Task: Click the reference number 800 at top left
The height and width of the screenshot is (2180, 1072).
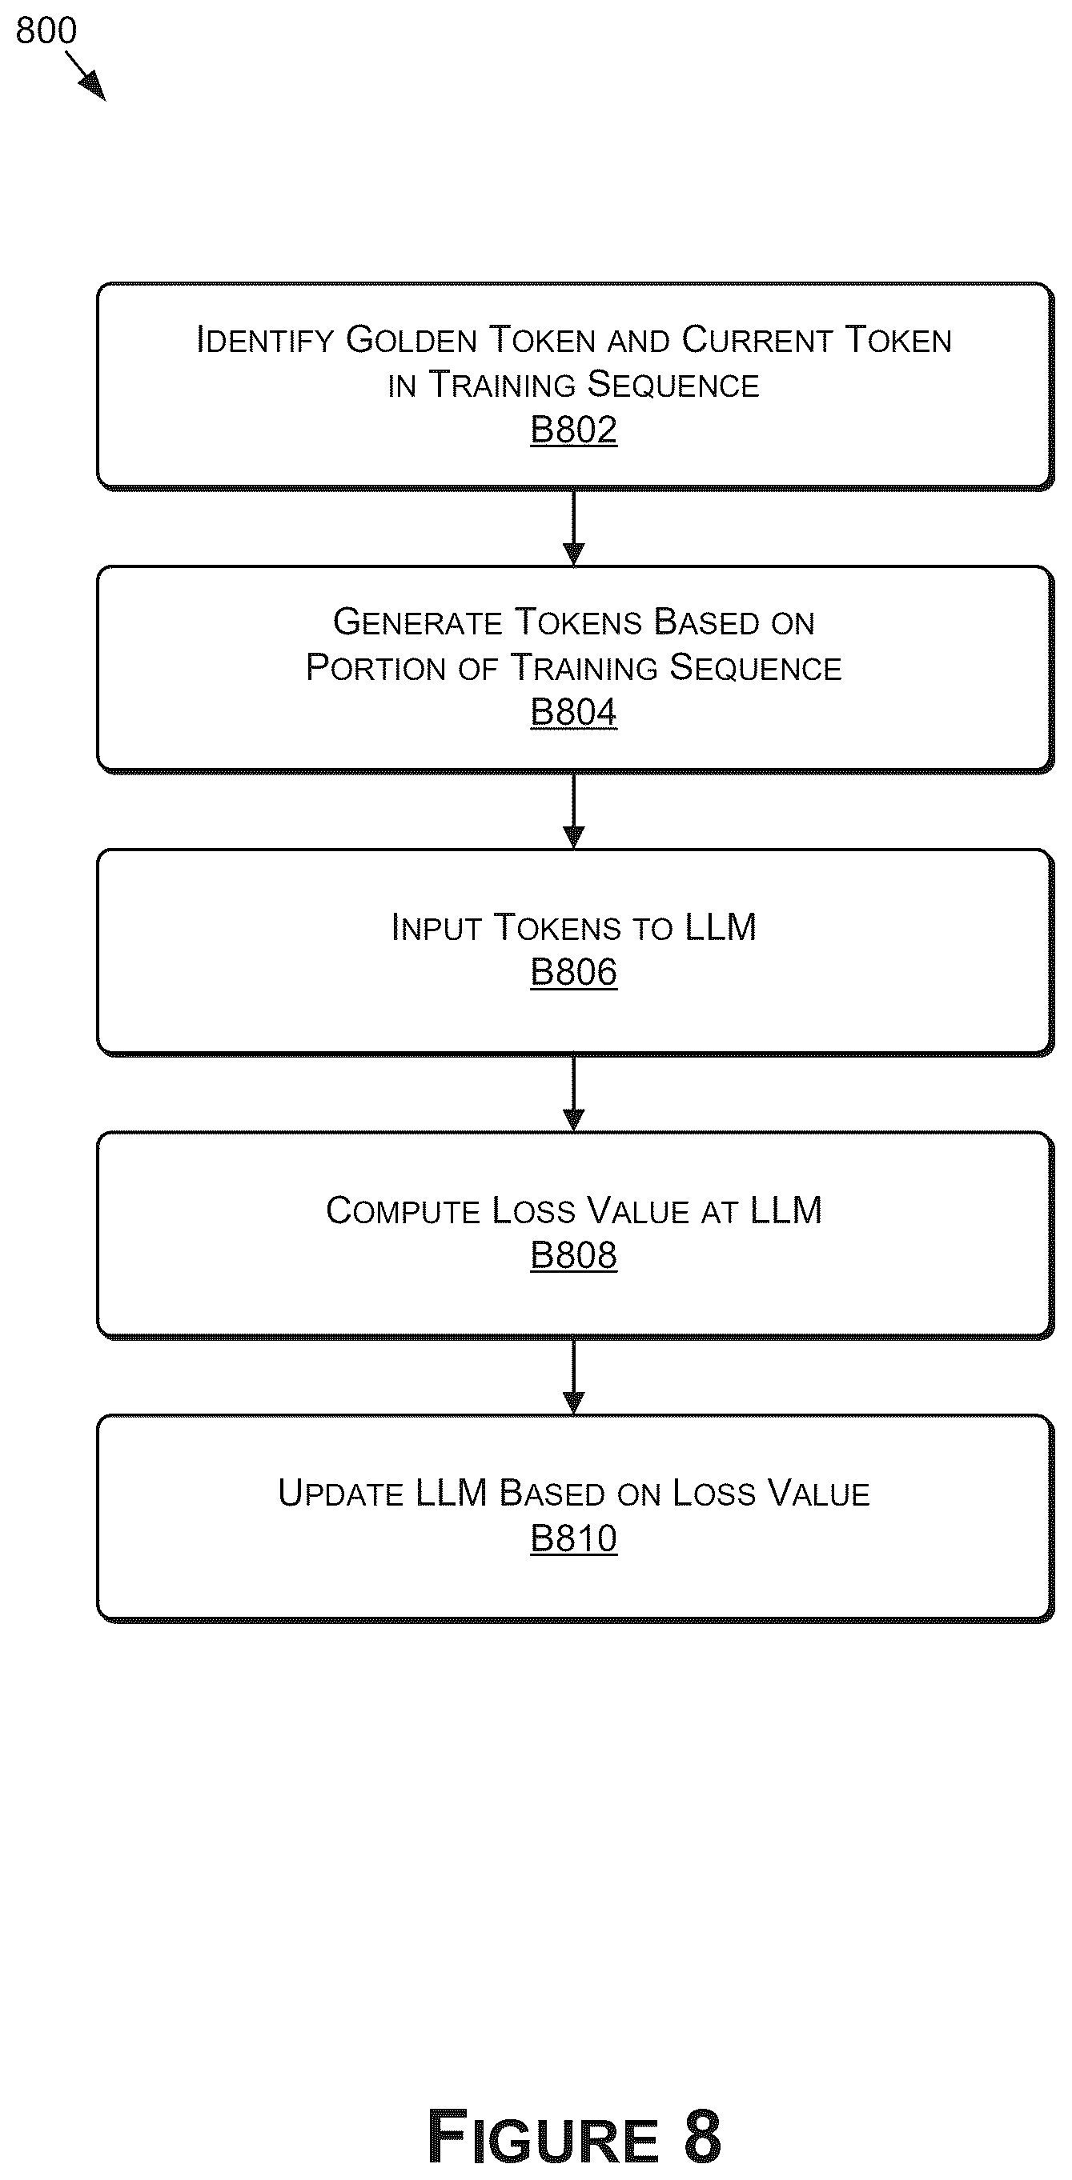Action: pyautogui.click(x=46, y=30)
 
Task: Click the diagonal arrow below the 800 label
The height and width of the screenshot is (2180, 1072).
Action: pyautogui.click(x=86, y=76)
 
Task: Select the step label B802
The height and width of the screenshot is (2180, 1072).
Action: pyautogui.click(x=573, y=430)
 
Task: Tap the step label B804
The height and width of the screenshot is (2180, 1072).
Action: pyautogui.click(x=573, y=713)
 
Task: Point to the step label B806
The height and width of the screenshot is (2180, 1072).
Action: pyautogui.click(x=573, y=972)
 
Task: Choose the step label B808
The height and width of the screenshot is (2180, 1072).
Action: pyautogui.click(x=573, y=1255)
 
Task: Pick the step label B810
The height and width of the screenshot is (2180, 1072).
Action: pyautogui.click(x=573, y=1538)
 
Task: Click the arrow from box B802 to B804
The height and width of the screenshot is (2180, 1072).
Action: pyautogui.click(x=573, y=528)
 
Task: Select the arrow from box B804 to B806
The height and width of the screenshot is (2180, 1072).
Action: pyautogui.click(x=573, y=810)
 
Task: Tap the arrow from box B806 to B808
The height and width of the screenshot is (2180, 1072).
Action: pyautogui.click(x=573, y=1094)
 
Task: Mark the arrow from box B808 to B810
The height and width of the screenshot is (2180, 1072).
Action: pyautogui.click(x=573, y=1376)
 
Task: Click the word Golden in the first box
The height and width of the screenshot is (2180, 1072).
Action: pyautogui.click(x=412, y=340)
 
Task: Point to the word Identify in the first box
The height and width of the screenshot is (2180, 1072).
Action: pyautogui.click(x=265, y=340)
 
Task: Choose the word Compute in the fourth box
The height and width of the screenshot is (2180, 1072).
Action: pyautogui.click(x=403, y=1211)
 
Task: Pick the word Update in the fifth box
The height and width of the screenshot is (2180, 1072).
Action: pyautogui.click(x=340, y=1494)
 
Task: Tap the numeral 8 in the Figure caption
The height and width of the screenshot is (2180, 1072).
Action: pyautogui.click(x=701, y=2136)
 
